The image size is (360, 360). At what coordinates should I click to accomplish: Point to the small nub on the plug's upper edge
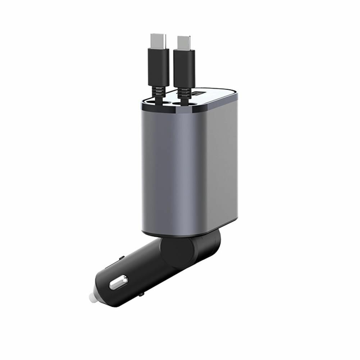[x=122, y=258]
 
